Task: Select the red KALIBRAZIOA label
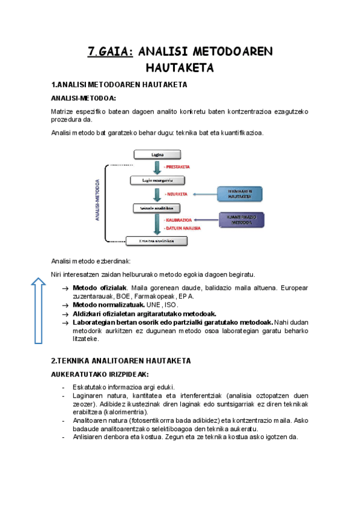[x=178, y=221]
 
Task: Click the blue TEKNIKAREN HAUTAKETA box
[x=239, y=194]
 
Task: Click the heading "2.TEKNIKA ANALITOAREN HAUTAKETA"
[x=121, y=361]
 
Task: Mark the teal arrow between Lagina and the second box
[x=156, y=166]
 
